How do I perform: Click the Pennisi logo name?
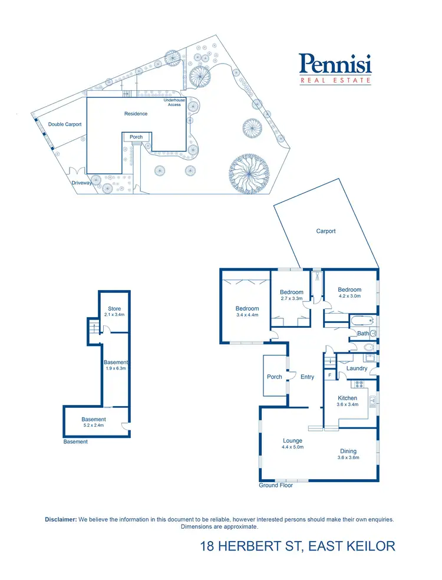pos(335,64)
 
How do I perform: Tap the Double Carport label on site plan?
pos(65,124)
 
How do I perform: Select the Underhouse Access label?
pos(174,103)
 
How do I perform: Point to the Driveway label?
pos(82,183)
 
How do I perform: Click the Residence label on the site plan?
pos(136,113)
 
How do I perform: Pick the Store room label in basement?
pos(114,309)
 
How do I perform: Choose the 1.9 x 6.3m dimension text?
pos(116,368)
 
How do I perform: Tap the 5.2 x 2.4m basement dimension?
pos(94,425)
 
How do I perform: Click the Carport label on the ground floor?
pos(326,231)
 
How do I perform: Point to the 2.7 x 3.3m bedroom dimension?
pos(292,299)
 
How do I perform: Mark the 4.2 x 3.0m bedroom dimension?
pos(349,296)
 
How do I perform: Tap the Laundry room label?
pos(357,368)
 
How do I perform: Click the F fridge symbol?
pos(329,374)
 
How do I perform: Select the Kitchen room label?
pos(348,398)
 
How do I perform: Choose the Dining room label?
pos(348,452)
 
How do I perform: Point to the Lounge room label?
pos(292,440)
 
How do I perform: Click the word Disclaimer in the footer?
pos(61,519)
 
